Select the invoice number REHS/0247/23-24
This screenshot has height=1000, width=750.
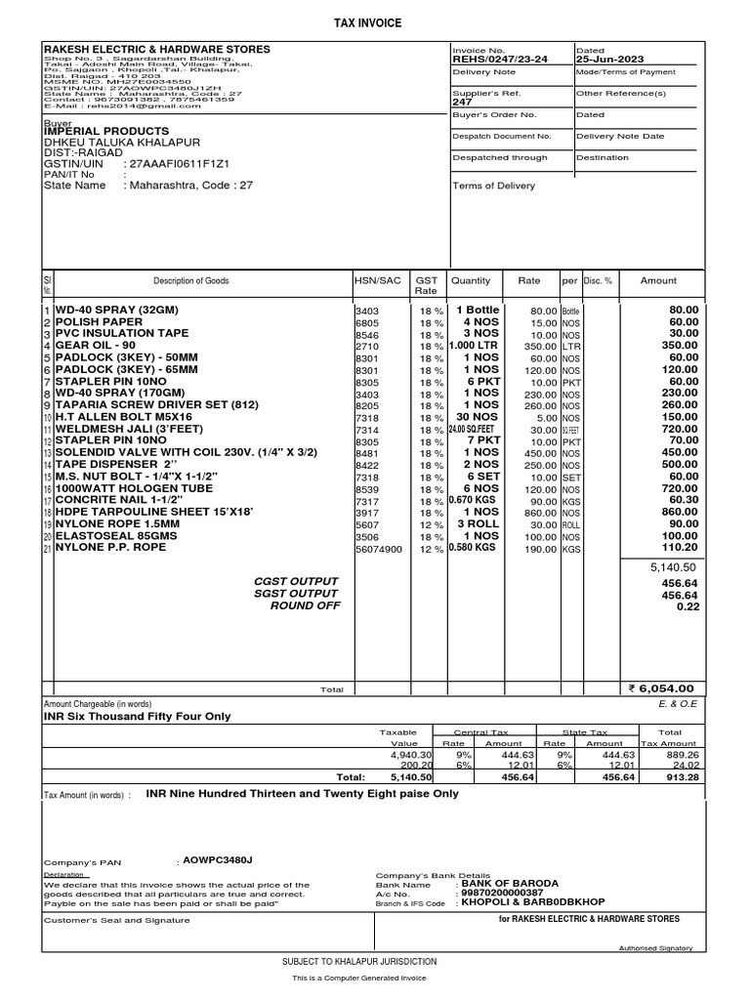[x=499, y=59]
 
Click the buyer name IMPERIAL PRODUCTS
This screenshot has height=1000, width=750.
[x=106, y=131]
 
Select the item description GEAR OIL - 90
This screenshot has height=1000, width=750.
[x=97, y=346]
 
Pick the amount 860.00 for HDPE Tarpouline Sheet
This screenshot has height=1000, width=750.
[x=680, y=511]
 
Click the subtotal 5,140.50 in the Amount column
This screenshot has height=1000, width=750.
[x=673, y=567]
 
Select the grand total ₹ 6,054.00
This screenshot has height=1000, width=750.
[x=661, y=688]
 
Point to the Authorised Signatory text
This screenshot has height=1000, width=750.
[x=655, y=948]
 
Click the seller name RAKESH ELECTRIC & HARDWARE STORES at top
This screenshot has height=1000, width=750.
[x=157, y=49]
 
